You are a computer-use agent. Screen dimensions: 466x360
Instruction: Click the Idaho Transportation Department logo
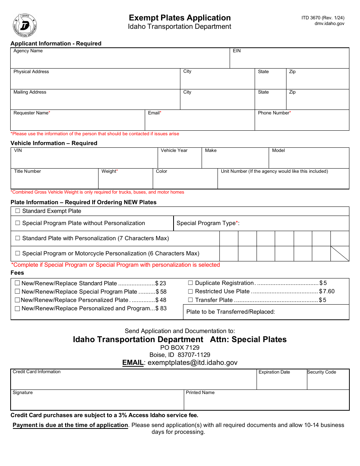point(25,25)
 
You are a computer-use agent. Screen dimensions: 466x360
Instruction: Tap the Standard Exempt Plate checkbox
point(17,211)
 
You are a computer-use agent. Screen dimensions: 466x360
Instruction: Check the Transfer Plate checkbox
point(190,300)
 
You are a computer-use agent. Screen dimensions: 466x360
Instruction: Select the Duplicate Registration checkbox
point(190,283)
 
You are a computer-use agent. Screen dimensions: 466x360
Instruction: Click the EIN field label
point(236,51)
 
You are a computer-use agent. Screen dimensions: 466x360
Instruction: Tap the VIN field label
point(18,150)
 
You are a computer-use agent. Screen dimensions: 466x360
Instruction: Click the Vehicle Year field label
point(174,150)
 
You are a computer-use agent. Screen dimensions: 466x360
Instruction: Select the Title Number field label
point(27,171)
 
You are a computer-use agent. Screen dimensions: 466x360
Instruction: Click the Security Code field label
point(321,372)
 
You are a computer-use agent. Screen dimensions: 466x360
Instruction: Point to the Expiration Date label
point(274,372)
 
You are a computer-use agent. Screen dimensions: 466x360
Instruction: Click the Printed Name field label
point(200,393)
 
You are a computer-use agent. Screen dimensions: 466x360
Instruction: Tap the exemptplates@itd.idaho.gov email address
point(192,363)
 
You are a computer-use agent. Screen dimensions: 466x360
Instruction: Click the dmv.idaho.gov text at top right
point(329,23)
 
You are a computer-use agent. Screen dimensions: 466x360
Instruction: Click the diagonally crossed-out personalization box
point(340,253)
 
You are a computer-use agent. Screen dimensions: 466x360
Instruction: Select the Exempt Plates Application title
point(180,18)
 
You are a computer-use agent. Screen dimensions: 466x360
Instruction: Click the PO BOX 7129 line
point(180,347)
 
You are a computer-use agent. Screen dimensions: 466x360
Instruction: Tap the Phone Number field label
point(274,113)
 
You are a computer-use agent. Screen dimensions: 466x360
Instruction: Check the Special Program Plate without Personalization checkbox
point(17,223)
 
